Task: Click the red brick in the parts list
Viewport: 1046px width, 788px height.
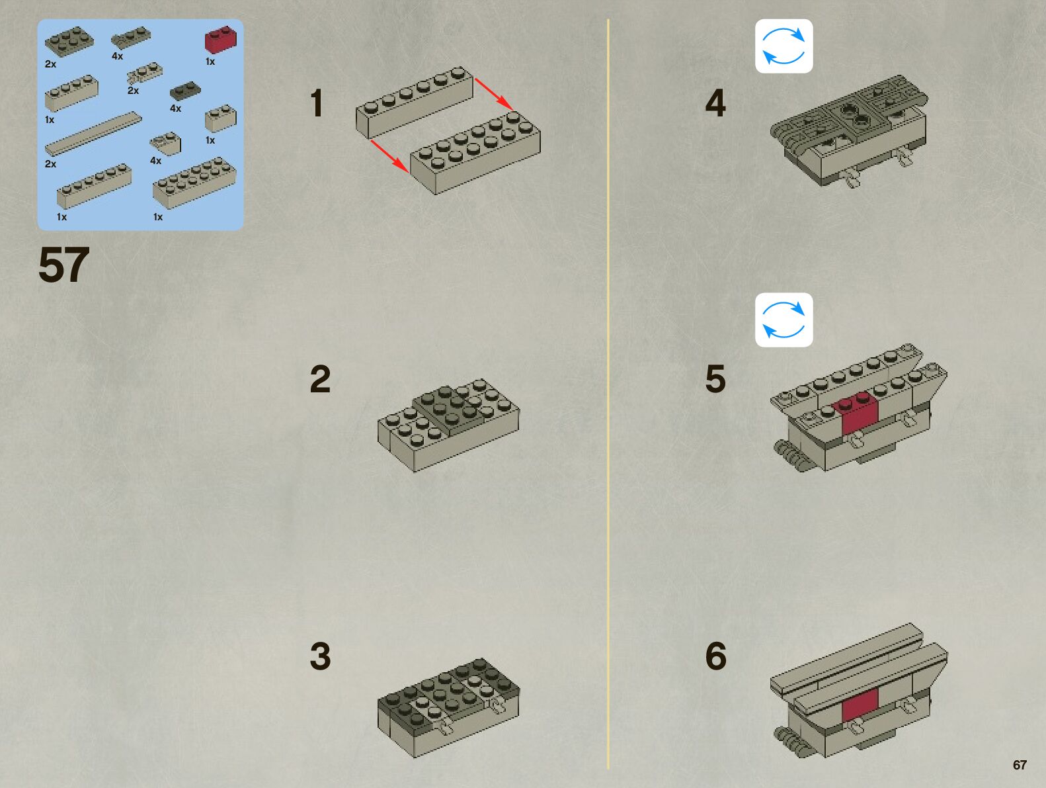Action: point(221,40)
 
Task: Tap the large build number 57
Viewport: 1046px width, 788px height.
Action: point(63,265)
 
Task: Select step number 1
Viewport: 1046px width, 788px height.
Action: point(317,104)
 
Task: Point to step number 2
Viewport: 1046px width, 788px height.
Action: point(320,379)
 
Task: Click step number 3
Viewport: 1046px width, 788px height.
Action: point(320,656)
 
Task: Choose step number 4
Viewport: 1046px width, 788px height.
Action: point(715,104)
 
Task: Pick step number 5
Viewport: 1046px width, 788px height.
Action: point(715,379)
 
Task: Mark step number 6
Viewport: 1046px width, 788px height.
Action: point(715,656)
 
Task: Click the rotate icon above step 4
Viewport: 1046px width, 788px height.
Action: point(784,46)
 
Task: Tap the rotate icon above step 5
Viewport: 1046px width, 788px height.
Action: point(784,320)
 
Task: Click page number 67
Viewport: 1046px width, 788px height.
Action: point(1020,765)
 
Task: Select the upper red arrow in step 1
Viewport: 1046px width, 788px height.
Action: point(493,93)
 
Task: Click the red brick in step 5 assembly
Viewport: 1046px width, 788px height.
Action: point(858,414)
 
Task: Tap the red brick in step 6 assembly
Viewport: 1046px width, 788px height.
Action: point(860,704)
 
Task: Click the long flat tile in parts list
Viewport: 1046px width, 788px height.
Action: point(93,133)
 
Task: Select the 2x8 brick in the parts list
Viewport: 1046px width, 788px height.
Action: point(194,183)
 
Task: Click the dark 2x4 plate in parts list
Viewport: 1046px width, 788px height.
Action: point(69,41)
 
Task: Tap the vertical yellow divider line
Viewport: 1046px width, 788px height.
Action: point(608,397)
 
